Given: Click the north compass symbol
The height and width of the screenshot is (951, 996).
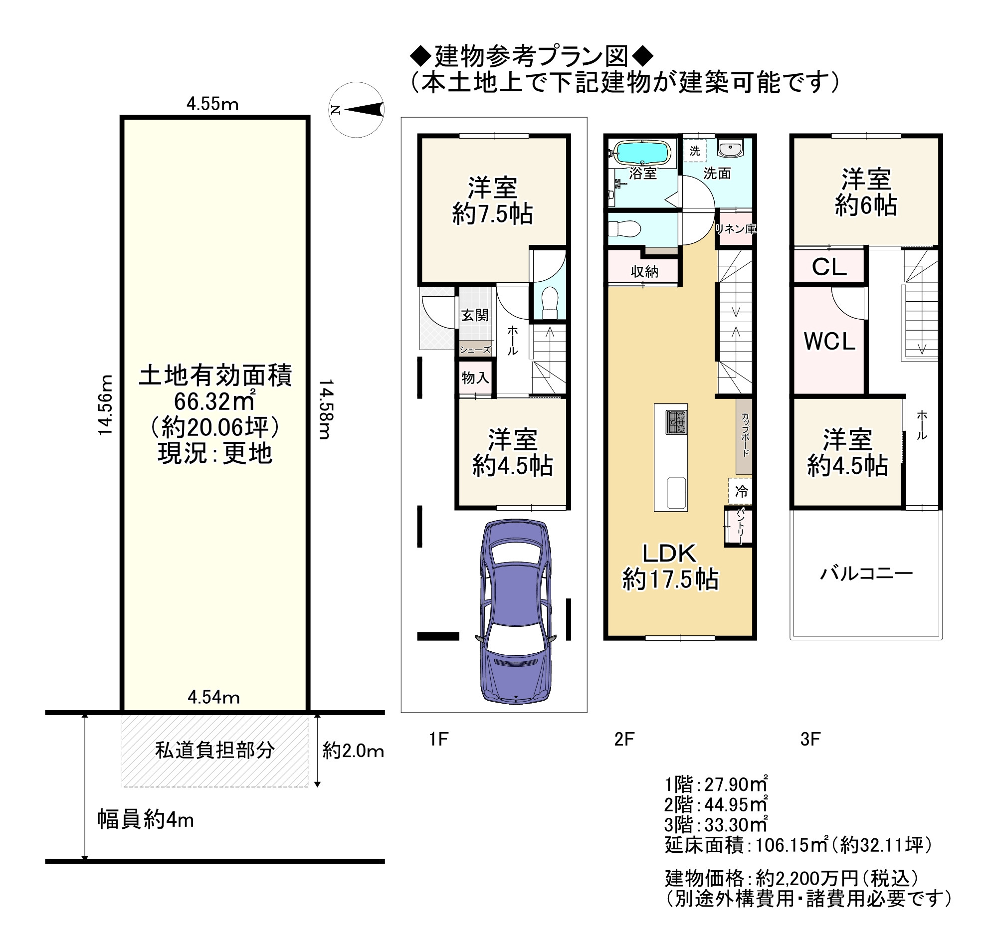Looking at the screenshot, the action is pos(356,110).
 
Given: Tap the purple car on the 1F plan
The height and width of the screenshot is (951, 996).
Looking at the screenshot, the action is pos(515,612).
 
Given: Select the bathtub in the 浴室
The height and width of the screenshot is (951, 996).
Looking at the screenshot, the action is pos(642,153).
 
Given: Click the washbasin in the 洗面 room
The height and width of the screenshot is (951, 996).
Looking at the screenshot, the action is pos(730,148).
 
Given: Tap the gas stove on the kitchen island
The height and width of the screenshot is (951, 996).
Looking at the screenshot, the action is pos(676,422).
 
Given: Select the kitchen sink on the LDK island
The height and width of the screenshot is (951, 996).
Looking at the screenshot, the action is pos(676,493).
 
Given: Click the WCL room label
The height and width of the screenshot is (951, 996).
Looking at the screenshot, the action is pos(829,342).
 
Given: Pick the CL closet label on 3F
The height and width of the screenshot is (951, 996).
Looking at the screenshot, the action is pos(829,267).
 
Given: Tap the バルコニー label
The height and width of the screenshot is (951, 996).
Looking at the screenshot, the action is pos(866,573).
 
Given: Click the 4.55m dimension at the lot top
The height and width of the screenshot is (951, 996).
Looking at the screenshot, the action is pos(212,104).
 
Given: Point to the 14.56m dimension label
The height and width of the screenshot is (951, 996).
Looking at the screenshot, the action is pos(105,405).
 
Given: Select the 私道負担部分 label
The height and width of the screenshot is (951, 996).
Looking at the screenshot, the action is pos(215,750).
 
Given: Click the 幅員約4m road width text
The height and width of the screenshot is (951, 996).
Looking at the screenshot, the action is pos(146,820).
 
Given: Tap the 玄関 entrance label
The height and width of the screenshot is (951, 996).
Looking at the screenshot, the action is pos(475,315).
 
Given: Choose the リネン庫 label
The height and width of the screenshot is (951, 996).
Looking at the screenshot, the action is pos(736,229).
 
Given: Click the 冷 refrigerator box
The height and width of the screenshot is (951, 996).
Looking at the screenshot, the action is pos(740,491).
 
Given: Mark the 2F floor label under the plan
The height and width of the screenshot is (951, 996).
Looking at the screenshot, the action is pos(624,740).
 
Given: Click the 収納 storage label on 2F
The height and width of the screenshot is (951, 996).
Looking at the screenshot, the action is pos(644,272).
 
